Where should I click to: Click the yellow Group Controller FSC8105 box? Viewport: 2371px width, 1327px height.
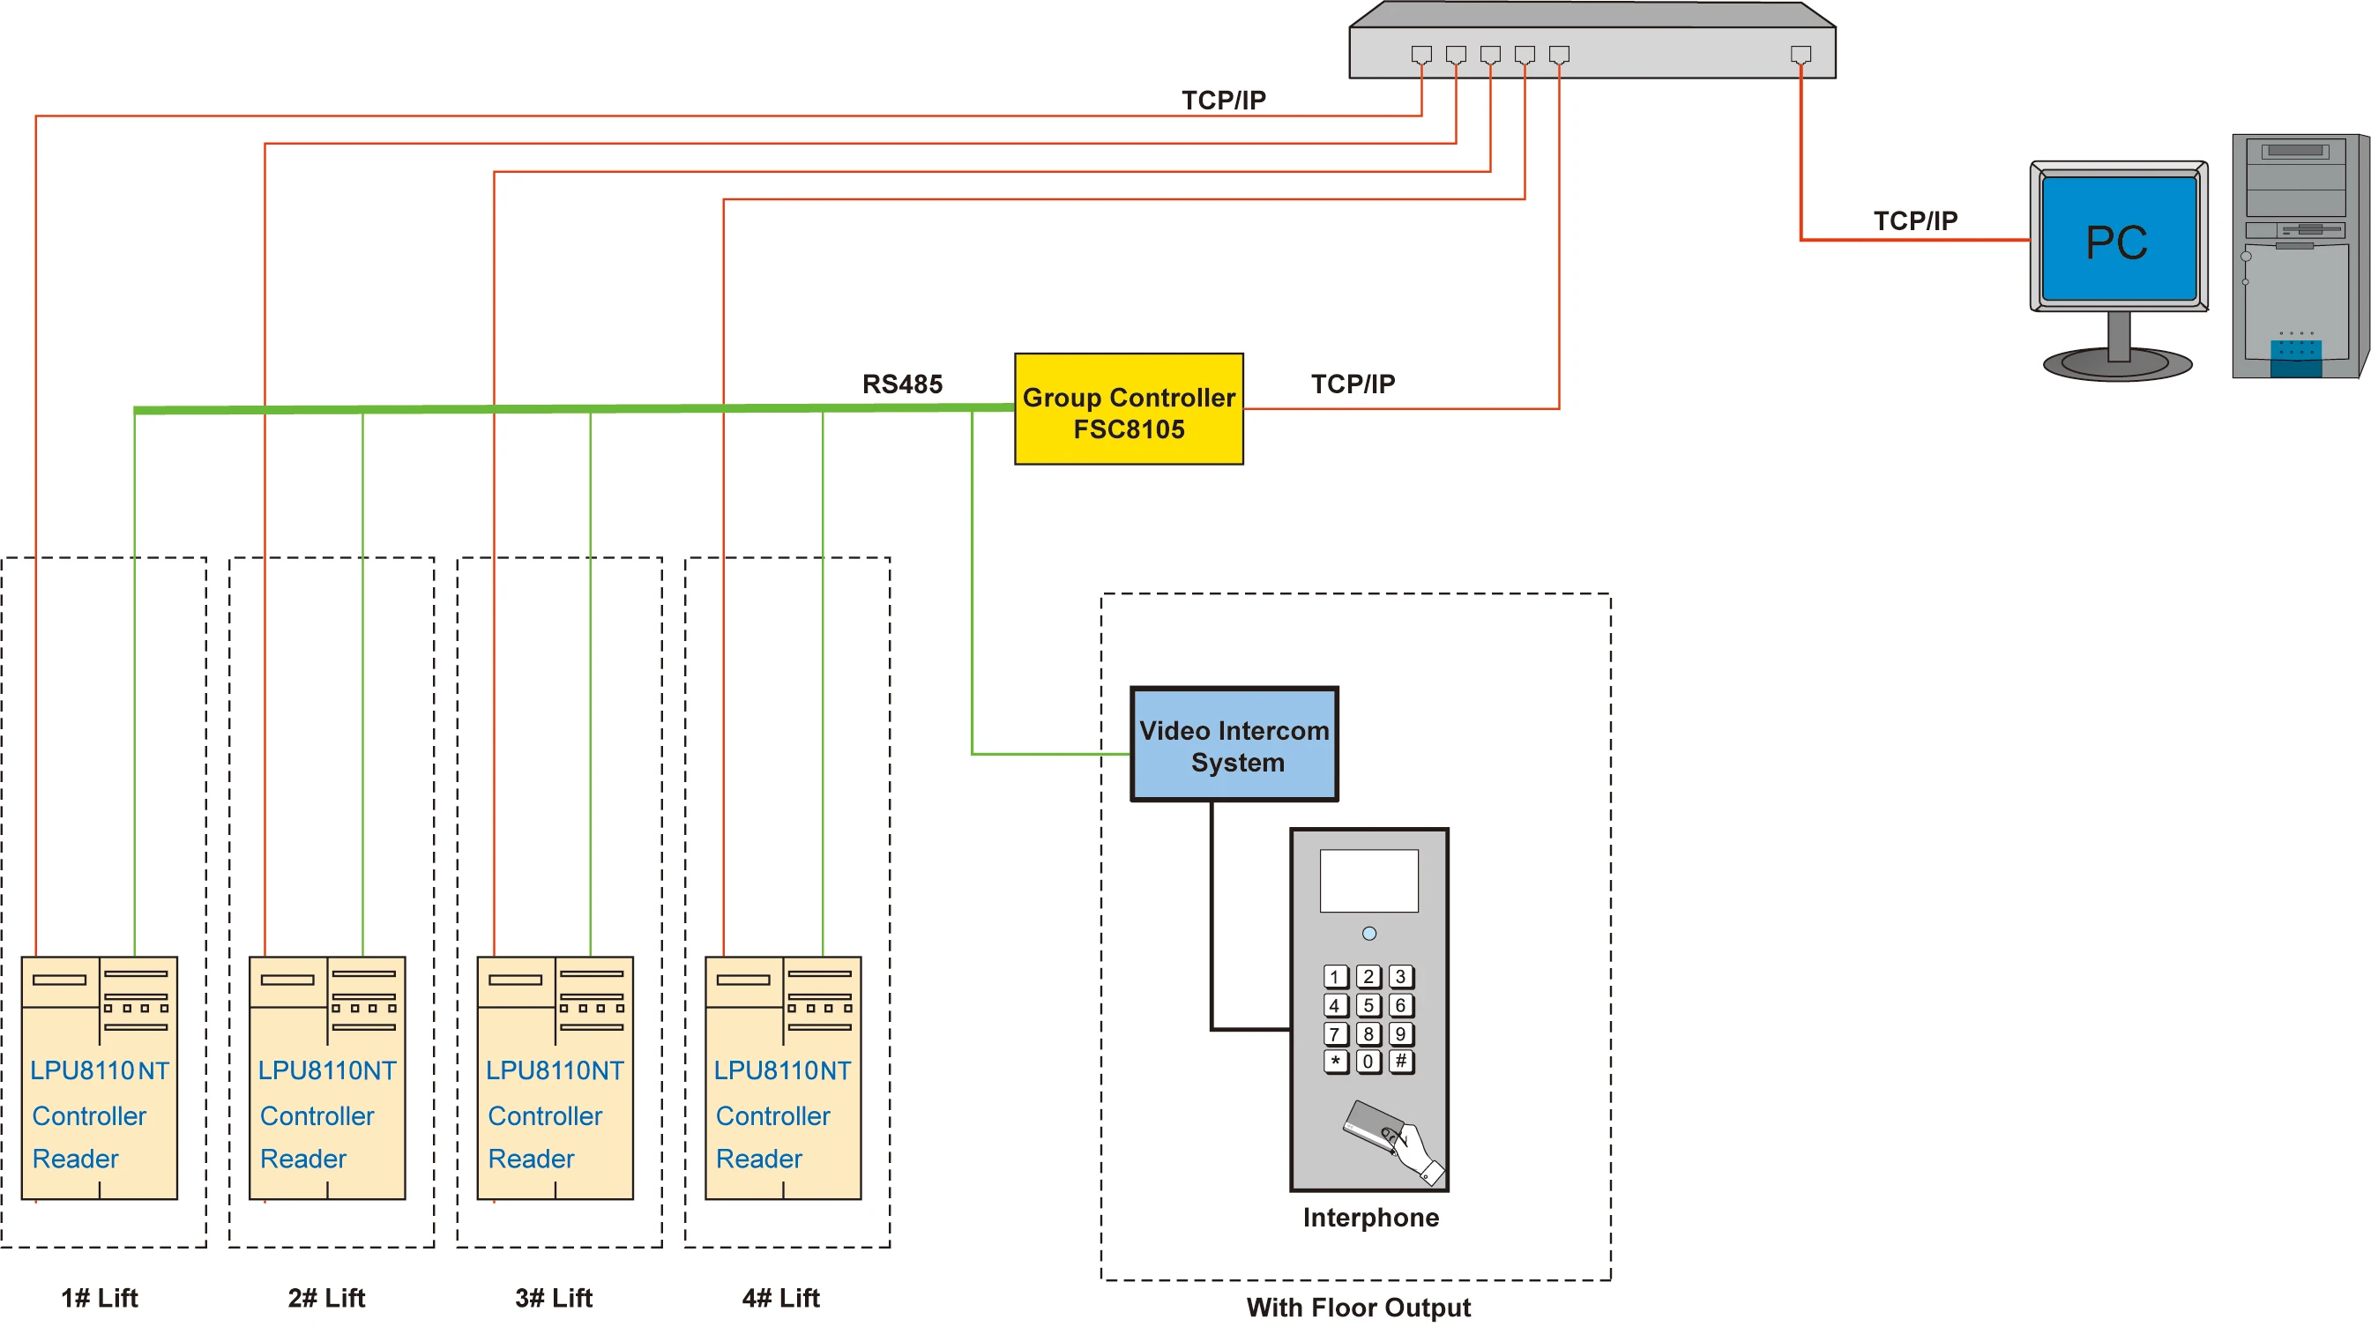[1129, 409]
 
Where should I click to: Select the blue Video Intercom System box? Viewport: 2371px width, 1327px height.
[1234, 744]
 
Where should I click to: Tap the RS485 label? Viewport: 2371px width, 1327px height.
[902, 384]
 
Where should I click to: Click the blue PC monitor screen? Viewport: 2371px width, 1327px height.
[2118, 240]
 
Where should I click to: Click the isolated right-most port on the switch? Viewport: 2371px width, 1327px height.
[1801, 55]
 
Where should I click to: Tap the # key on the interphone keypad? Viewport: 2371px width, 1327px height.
[1401, 1061]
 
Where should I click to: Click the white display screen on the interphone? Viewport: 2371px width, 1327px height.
[1368, 881]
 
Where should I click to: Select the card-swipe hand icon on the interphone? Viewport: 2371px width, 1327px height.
[1391, 1137]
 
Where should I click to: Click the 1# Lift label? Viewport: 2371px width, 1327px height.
[100, 1298]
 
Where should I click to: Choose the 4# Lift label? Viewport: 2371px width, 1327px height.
[780, 1298]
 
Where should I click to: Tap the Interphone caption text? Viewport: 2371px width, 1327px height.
[1370, 1218]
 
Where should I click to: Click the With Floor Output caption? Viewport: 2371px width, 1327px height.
[1359, 1308]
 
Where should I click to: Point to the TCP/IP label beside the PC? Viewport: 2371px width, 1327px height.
[1915, 220]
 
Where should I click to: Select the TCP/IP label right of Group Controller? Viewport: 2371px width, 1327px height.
[1353, 384]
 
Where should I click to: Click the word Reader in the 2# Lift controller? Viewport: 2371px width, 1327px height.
[302, 1159]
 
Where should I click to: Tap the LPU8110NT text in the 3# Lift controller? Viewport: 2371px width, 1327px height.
[555, 1070]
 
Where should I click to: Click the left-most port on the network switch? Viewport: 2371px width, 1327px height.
[1421, 55]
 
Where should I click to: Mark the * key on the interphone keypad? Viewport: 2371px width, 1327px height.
[1336, 1061]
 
